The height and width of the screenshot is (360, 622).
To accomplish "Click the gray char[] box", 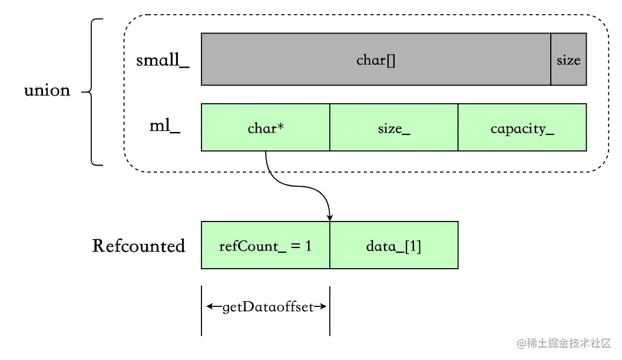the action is [x=376, y=59].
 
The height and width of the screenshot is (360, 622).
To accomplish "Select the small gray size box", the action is [x=568, y=59].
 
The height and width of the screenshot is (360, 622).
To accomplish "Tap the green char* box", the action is [x=266, y=127].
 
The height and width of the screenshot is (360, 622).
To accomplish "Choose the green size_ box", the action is [x=394, y=127].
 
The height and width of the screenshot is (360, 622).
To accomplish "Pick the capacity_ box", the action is [x=522, y=127].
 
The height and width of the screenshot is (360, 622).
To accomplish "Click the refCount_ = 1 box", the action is [x=266, y=245].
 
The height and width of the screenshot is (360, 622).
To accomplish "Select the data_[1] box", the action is [x=394, y=245].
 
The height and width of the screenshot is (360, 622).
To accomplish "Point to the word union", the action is [x=47, y=91].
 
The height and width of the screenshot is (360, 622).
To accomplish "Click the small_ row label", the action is [x=163, y=60].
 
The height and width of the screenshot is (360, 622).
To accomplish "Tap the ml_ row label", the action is [x=164, y=126].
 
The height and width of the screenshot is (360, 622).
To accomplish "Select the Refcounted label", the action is [x=138, y=246].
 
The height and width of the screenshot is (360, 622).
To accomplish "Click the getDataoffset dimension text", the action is [x=268, y=307].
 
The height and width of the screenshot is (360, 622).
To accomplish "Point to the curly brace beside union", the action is [x=92, y=92].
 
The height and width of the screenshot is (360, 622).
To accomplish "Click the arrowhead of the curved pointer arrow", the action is [x=330, y=218].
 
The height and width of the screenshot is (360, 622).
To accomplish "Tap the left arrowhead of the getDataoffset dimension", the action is [x=210, y=306].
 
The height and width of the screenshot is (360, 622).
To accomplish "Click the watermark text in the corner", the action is [x=564, y=343].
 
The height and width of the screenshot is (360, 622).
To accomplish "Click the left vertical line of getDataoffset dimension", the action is [x=201, y=311].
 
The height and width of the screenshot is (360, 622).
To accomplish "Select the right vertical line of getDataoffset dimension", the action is [x=330, y=311].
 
